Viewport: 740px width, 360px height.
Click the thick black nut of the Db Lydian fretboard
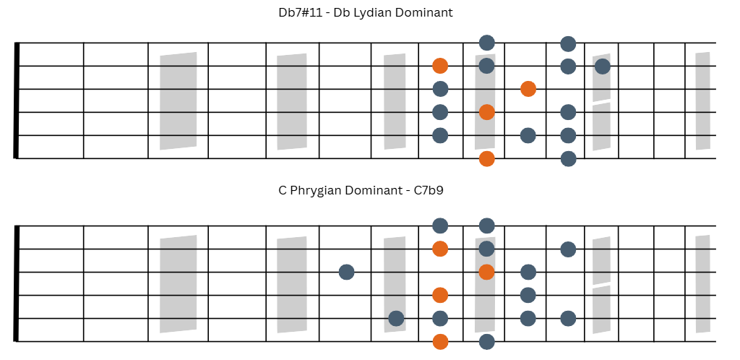(16, 100)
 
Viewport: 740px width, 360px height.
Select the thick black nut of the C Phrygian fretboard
(16, 283)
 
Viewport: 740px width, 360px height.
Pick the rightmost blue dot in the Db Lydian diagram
(603, 67)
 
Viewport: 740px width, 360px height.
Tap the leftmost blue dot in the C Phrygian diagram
(347, 272)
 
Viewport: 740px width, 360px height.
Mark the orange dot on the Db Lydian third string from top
(528, 89)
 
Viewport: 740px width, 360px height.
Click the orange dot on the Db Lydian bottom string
(487, 158)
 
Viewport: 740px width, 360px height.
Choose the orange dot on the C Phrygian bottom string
(440, 341)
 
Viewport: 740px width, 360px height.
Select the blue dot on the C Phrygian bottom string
(487, 341)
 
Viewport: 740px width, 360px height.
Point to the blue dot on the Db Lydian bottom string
(568, 158)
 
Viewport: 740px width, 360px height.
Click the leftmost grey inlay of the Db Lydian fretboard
(178, 100)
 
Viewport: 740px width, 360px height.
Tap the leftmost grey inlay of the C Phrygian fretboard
(178, 283)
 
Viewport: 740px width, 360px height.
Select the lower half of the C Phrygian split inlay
(601, 309)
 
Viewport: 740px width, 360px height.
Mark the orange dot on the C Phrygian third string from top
(487, 272)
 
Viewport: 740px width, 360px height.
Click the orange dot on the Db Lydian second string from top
(440, 66)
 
